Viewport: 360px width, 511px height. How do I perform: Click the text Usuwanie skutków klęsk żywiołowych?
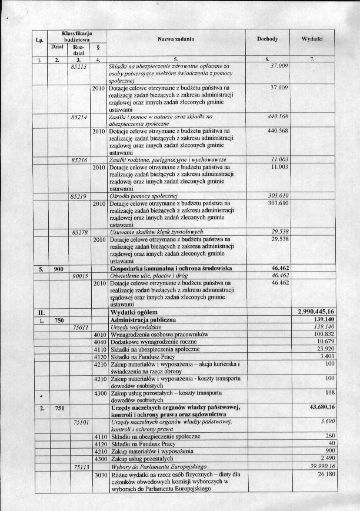[x=156, y=232]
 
